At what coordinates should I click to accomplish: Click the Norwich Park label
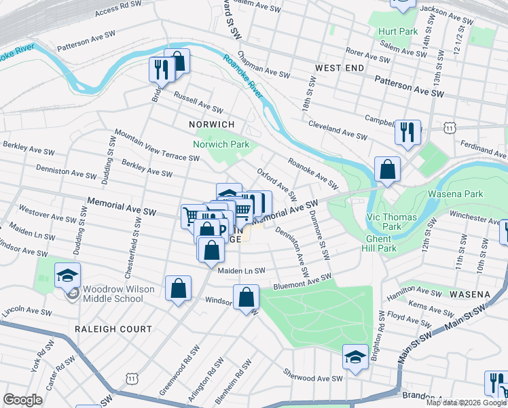click(221, 144)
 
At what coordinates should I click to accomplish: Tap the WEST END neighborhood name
click(342, 69)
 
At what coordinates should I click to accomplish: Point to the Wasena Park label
click(455, 194)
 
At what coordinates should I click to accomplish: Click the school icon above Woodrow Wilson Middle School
click(68, 275)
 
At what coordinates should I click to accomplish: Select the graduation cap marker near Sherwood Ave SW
click(355, 357)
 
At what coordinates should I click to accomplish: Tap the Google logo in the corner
click(23, 400)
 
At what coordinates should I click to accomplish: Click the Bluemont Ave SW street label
click(302, 282)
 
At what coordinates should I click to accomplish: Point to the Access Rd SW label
click(118, 10)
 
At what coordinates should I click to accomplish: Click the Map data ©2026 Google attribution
click(466, 403)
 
